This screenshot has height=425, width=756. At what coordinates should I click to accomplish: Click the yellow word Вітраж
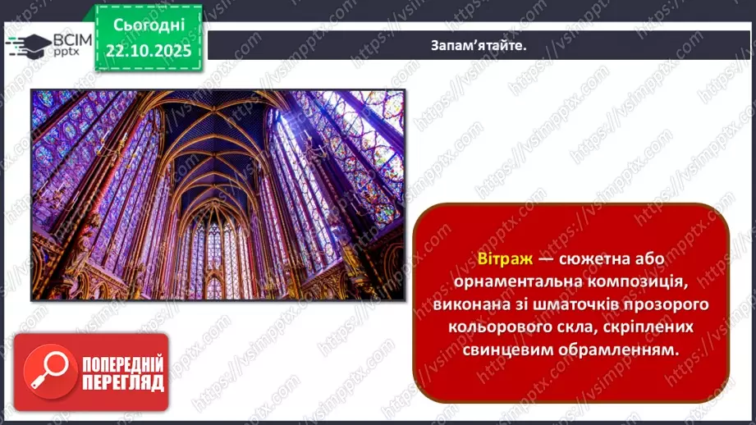(x=504, y=258)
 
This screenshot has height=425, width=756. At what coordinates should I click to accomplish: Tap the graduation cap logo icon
(x=25, y=43)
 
